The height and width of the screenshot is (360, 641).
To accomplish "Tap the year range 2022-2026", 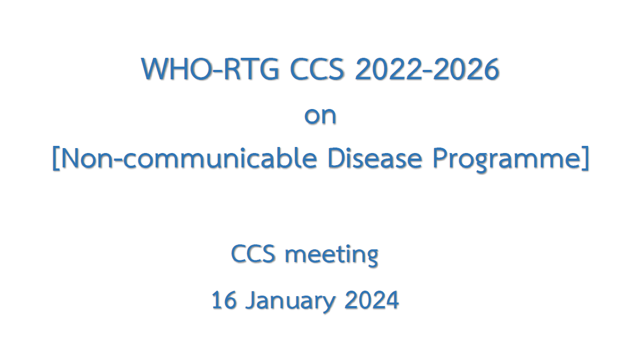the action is coord(427,69).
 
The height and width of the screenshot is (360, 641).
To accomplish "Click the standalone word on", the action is coord(320,116).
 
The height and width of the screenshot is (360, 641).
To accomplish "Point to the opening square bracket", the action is coord(56,158).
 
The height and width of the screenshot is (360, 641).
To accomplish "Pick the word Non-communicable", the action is coord(189,157).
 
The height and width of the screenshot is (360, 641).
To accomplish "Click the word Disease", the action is coord(375,157).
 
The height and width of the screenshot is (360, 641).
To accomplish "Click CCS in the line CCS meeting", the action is coord(253,254).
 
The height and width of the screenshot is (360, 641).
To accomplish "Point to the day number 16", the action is coord(224,300).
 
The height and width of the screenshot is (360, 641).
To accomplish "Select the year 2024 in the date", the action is coord(371,300).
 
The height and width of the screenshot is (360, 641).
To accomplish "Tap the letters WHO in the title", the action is coord(177,69).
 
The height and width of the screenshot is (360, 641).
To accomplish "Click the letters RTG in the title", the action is coord(252,69).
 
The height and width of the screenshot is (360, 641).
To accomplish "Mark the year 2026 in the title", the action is coord(466,69).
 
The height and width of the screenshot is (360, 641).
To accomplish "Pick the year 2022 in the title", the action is coord(387,69).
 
